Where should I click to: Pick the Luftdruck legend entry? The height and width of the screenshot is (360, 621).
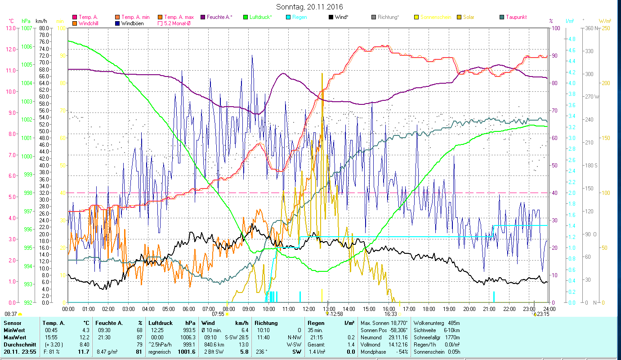point(261,17)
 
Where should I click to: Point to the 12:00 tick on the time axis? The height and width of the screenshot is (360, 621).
point(309,309)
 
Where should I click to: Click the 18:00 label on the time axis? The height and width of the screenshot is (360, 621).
point(429,309)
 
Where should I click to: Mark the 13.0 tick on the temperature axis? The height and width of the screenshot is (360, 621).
point(11,28)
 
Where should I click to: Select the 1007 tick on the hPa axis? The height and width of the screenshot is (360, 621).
point(26,28)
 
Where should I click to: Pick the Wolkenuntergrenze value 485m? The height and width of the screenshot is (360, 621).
point(454,323)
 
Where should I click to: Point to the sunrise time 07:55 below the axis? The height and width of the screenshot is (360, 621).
point(218,314)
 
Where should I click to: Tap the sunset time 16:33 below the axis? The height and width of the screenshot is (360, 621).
point(390,314)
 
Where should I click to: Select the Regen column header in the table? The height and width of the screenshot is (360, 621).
point(315,323)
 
